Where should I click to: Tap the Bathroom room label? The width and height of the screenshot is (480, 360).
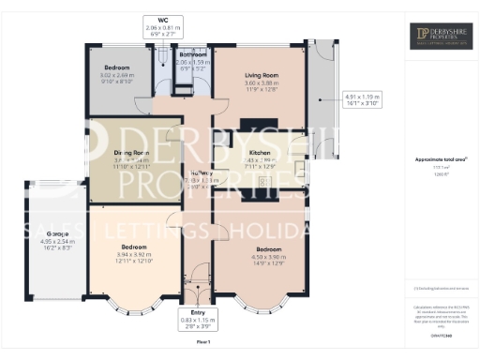(x=192, y=54)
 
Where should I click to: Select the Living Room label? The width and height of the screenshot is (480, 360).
(x=262, y=75)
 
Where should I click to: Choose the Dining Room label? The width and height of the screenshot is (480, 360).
(x=131, y=152)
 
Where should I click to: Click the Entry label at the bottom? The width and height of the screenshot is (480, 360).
(x=196, y=312)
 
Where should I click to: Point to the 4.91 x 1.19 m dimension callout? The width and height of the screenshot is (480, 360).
(x=362, y=97)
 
